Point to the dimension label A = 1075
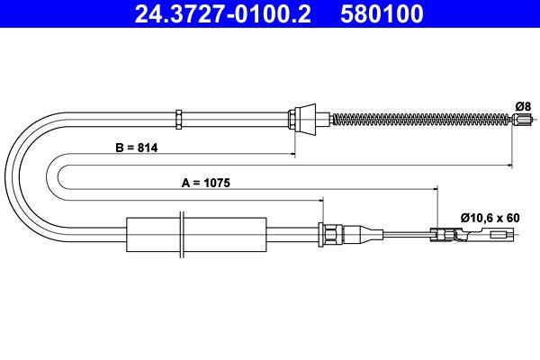click(x=206, y=182)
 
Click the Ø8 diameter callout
click(x=521, y=105)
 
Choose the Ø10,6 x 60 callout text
click(x=490, y=217)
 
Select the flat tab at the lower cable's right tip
click(x=499, y=235)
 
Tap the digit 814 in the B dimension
click(x=145, y=149)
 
